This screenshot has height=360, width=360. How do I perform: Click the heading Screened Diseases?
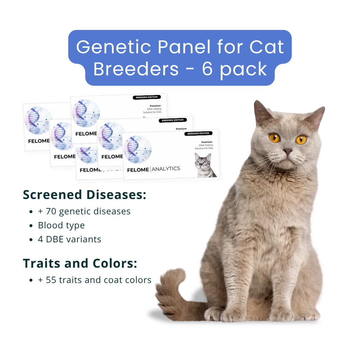(85, 195)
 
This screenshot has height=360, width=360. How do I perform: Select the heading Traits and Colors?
(80, 263)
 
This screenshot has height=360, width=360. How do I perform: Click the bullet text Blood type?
(61, 225)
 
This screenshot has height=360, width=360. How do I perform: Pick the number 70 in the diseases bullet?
(51, 211)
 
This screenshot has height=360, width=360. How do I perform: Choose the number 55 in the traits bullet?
(51, 280)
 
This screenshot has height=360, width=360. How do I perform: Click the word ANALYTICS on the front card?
(166, 169)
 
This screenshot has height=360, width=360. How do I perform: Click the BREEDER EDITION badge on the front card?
(198, 133)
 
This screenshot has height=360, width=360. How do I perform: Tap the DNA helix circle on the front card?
(137, 150)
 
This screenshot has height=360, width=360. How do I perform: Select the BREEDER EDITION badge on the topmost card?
(147, 97)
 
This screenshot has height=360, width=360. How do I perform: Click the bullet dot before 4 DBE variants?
(31, 240)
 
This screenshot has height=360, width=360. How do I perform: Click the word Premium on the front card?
(207, 142)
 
